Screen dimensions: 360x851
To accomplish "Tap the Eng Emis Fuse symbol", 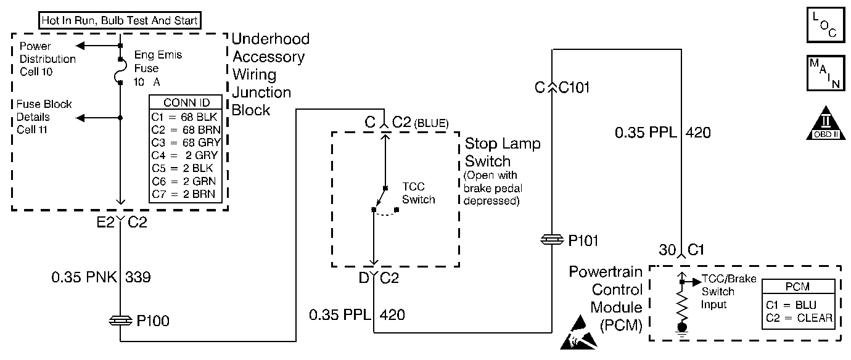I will [121, 73].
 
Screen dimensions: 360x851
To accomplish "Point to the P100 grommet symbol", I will [121, 321].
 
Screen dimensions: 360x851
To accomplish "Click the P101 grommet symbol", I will [551, 240].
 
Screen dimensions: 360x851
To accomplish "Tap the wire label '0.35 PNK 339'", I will [101, 278].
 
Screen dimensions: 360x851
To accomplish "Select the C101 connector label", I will [573, 88].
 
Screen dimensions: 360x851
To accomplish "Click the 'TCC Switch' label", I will [418, 194].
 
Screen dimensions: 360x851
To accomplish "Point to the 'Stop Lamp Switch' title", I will [502, 152].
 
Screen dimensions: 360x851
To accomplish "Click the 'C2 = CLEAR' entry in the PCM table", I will [800, 318].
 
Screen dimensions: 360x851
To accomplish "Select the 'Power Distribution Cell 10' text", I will [47, 59].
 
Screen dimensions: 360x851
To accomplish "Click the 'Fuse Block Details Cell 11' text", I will [44, 117].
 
